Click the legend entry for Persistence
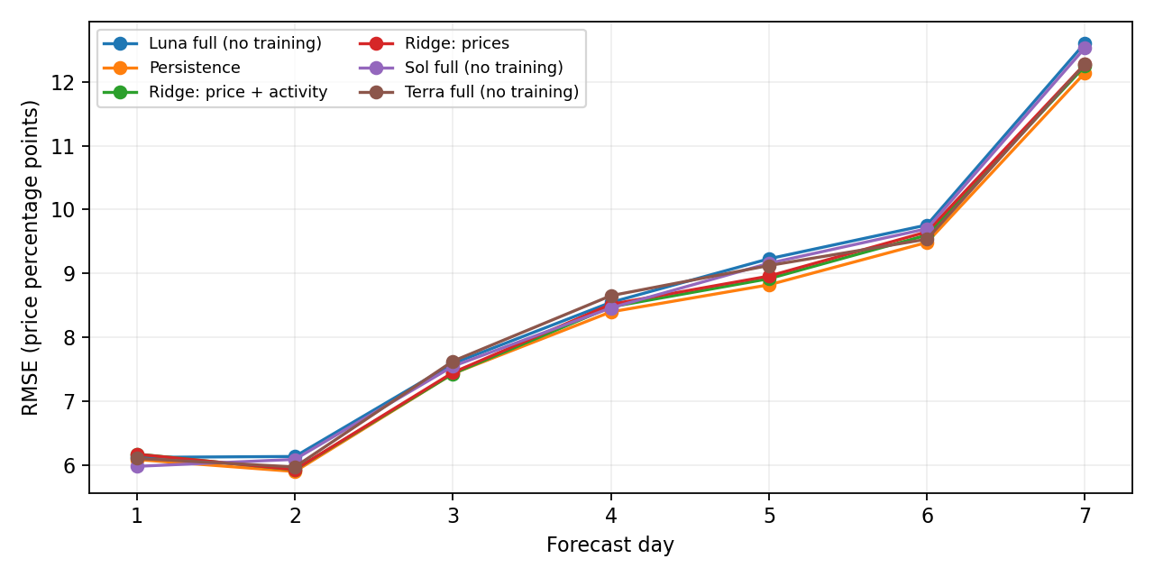[x=171, y=68]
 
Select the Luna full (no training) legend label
[x=212, y=43]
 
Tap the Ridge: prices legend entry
[x=434, y=43]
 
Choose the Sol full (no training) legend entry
[x=461, y=68]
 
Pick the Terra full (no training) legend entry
[x=469, y=92]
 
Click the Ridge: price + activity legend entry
[x=215, y=92]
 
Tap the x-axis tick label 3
[x=453, y=515]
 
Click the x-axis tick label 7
[x=1085, y=515]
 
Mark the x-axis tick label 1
[x=136, y=515]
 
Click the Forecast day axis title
[x=610, y=545]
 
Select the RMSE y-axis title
[x=30, y=258]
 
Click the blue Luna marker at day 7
[x=1085, y=44]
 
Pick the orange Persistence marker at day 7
[x=1085, y=74]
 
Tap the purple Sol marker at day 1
[x=137, y=466]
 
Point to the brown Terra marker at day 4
[x=611, y=297]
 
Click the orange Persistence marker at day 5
[x=769, y=284]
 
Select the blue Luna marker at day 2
[x=295, y=456]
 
